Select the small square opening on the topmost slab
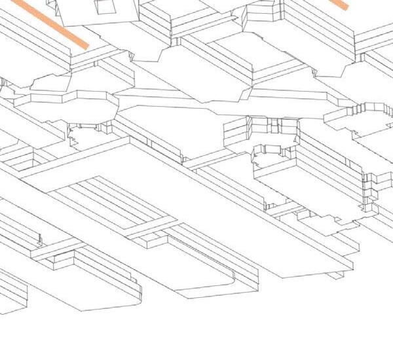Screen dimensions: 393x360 click(x=104, y=7)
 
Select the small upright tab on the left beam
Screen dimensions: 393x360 click(x=39, y=238)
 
